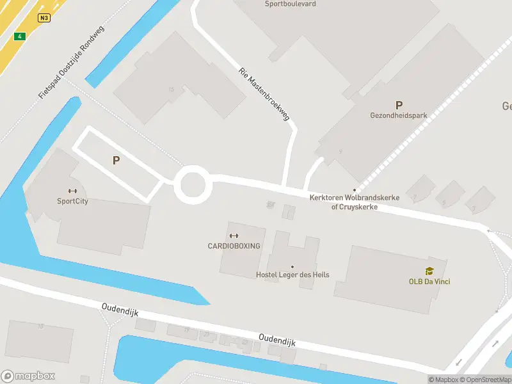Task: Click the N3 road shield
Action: (44, 17)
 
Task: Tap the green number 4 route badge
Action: (20, 36)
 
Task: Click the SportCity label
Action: (72, 201)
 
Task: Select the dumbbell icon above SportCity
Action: (72, 191)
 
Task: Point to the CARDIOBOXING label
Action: (234, 246)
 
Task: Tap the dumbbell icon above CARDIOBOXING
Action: (234, 236)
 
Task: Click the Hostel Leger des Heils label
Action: (292, 275)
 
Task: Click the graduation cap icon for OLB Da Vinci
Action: (429, 271)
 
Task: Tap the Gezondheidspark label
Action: (399, 116)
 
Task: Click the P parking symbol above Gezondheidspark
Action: (399, 105)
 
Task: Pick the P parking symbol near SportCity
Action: (116, 161)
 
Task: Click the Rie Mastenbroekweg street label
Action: (264, 95)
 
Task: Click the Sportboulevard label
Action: (290, 4)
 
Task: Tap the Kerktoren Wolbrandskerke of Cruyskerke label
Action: (354, 202)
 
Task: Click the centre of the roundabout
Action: (193, 185)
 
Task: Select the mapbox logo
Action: (28, 376)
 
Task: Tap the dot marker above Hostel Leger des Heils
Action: (292, 267)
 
